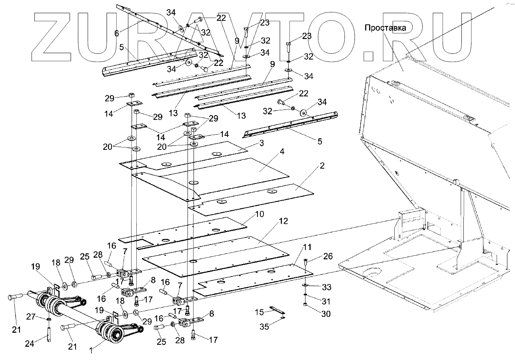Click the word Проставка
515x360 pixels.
385,28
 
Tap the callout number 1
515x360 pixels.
91,350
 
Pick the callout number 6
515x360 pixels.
116,34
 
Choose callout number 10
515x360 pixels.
259,215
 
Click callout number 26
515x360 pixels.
327,256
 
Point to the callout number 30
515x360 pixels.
326,314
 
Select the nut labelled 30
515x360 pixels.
306,305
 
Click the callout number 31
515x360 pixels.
326,301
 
